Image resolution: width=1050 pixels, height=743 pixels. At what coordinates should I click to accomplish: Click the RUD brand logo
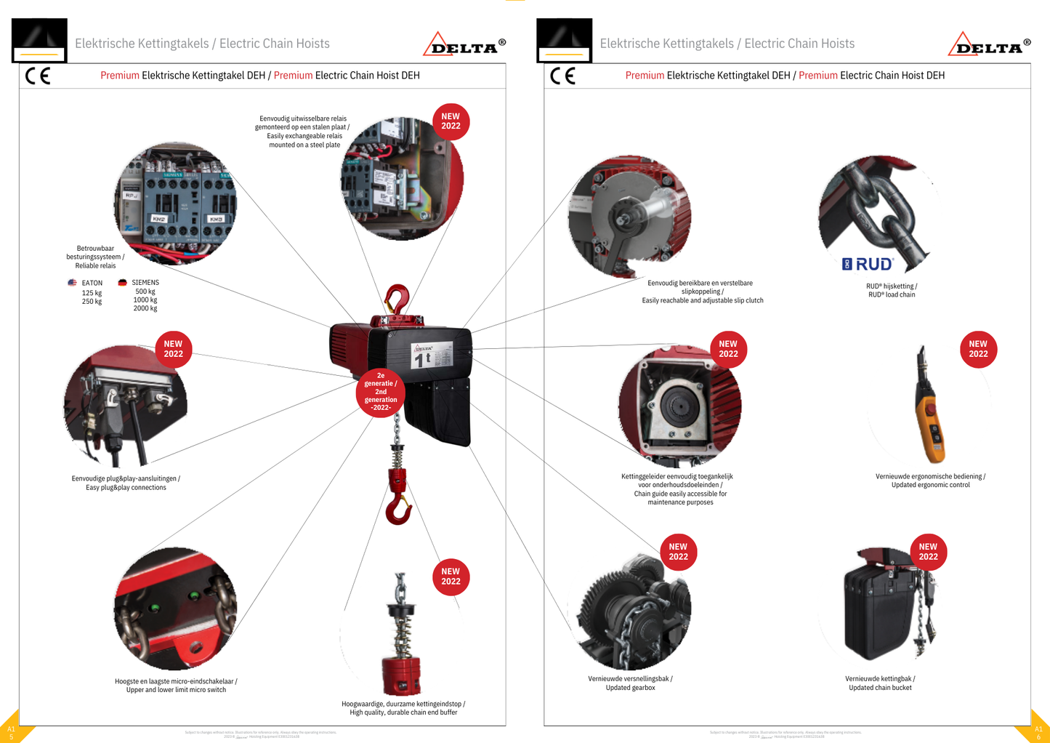coord(868,264)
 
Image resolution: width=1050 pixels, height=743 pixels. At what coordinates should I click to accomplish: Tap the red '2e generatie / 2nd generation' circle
coord(381,392)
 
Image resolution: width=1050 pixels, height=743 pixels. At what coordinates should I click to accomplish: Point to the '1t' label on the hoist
coord(422,358)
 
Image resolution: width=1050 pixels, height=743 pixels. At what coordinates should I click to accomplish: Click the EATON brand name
coord(92,283)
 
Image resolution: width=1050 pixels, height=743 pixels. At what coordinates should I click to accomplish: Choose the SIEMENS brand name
coord(145,283)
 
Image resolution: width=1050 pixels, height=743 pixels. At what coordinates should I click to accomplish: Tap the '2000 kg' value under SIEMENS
coord(145,308)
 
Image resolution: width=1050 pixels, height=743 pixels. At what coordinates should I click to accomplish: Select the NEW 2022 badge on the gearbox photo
coord(678,552)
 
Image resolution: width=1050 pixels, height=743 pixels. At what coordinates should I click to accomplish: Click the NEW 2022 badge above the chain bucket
coord(928,552)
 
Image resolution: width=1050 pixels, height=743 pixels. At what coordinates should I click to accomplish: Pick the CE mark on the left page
coord(38,76)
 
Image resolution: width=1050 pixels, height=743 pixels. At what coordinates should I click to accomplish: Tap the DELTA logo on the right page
coord(988,46)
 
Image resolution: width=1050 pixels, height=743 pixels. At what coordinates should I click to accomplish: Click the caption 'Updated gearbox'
coord(630,688)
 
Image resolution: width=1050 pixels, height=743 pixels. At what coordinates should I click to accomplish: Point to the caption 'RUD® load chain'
coord(892,294)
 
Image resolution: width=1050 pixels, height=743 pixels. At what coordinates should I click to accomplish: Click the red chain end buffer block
coord(401,676)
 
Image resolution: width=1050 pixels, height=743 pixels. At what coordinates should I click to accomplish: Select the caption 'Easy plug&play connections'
coord(126,488)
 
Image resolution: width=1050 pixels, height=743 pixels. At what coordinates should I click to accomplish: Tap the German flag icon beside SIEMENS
coord(122,283)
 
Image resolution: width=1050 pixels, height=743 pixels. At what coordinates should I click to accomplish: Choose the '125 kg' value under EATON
coord(92,293)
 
